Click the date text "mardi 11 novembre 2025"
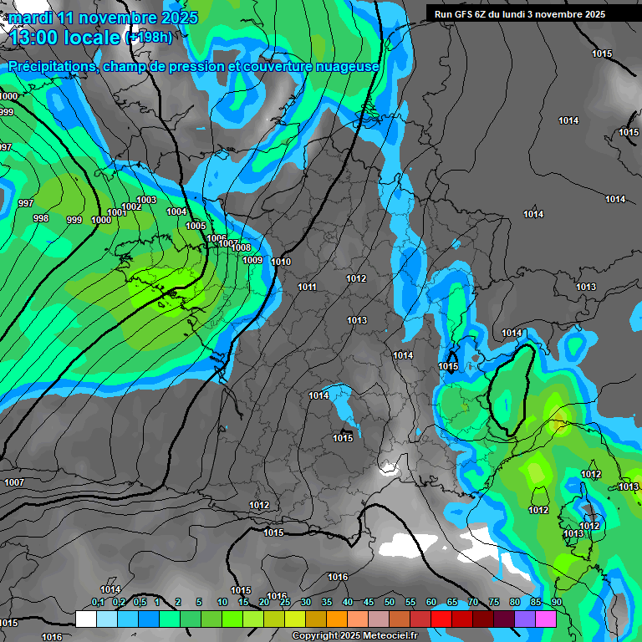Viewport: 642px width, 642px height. point(104,18)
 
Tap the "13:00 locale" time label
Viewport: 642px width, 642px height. point(65,38)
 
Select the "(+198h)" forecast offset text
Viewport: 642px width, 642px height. point(148,38)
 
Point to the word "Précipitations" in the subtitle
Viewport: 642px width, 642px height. point(51,66)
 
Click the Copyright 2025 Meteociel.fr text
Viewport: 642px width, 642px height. point(354,635)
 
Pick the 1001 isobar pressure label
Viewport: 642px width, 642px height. point(116,212)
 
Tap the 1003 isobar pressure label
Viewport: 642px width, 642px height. point(146,200)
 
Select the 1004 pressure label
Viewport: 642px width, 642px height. point(176,211)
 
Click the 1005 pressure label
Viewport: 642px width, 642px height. point(196,226)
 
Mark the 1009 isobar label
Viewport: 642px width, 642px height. point(252,260)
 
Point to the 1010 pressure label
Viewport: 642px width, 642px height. point(281,262)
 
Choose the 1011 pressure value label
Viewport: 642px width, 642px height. point(307,287)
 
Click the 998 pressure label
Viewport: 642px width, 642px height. point(40,217)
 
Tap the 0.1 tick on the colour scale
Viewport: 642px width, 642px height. point(98,603)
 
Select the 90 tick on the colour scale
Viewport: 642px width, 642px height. point(556,603)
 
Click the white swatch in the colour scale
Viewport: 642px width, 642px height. point(85,619)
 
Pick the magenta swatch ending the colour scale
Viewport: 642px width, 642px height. point(546,619)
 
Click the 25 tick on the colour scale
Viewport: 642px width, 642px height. point(285,603)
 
